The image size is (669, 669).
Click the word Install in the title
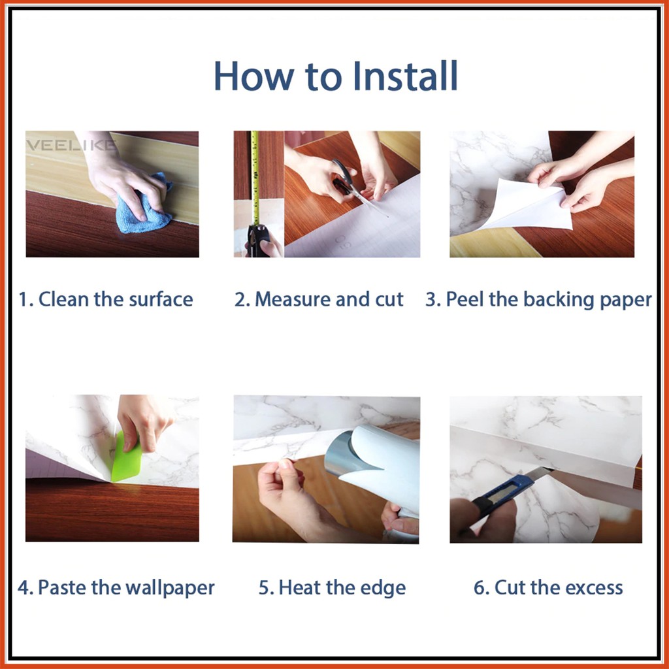coord(405,76)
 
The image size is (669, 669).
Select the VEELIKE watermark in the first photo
coord(71,145)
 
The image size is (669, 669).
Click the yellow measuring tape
coord(255,178)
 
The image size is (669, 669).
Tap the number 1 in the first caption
coord(24,299)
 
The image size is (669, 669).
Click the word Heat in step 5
coord(301,587)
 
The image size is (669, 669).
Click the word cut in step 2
coord(389,300)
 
